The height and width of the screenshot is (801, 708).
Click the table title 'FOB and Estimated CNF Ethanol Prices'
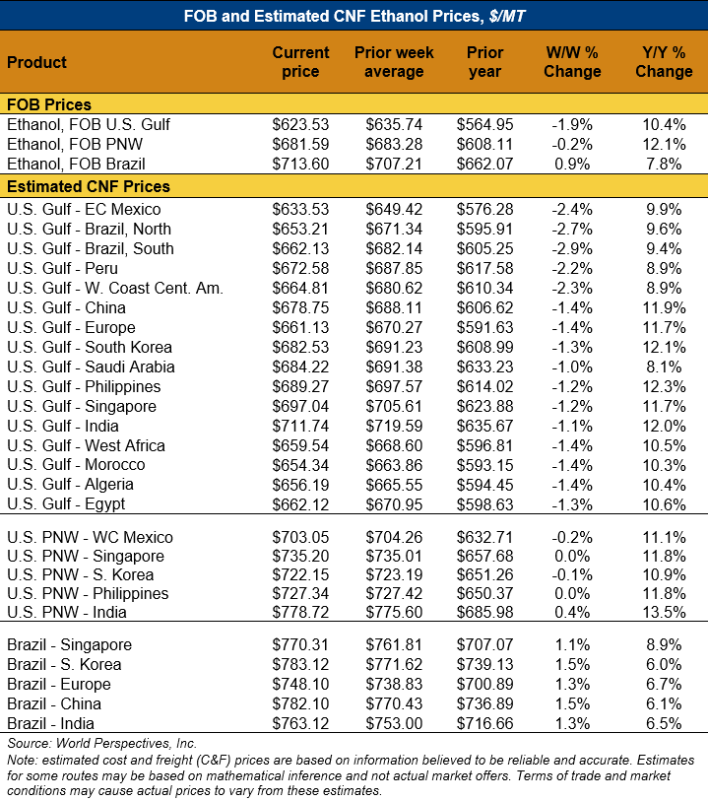pos(354,15)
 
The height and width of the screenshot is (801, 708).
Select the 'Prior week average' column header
pos(394,61)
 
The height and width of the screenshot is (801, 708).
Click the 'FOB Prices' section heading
pos(49,104)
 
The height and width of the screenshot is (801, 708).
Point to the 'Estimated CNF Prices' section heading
pos(89,186)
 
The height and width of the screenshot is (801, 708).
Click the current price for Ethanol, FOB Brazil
pos(300,164)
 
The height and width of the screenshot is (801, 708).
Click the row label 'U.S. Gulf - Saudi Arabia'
pos(91,367)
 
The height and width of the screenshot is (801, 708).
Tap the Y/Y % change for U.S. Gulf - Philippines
pos(664,386)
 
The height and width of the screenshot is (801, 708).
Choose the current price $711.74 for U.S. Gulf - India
pos(300,426)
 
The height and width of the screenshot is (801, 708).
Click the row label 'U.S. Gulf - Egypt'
pos(66,504)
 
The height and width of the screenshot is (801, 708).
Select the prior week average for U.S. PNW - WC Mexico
pos(394,537)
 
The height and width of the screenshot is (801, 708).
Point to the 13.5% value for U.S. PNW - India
pos(664,613)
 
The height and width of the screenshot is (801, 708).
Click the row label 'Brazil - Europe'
pos(59,684)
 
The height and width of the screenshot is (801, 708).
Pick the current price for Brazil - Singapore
pos(300,644)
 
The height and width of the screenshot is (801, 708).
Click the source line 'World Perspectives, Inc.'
pos(102,743)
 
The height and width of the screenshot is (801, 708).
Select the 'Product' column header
pos(37,62)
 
